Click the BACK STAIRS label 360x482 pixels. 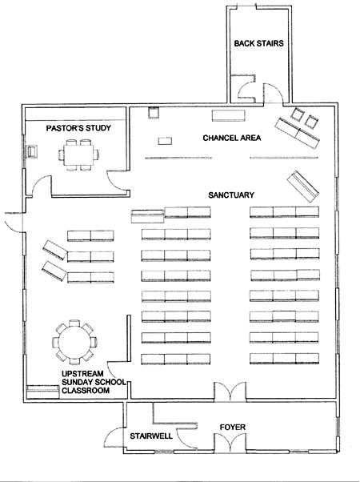click(258, 43)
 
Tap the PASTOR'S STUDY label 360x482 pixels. click(78, 128)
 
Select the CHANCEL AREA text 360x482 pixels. click(232, 138)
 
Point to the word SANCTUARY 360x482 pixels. click(231, 195)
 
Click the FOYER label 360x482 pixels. click(233, 428)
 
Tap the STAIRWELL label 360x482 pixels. click(151, 436)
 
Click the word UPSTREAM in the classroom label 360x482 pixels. click(82, 374)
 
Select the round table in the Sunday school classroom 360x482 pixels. click(74, 342)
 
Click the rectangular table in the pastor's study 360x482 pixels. click(79, 155)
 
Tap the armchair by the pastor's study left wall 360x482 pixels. click(32, 151)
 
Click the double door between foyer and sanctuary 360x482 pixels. click(230, 392)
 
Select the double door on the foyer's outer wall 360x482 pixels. click(230, 443)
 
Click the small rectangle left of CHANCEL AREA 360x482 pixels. click(165, 141)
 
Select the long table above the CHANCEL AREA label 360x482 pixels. click(229, 115)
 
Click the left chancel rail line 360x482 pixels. click(178, 158)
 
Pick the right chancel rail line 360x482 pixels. click(284, 158)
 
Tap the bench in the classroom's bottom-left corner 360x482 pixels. click(42, 392)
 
